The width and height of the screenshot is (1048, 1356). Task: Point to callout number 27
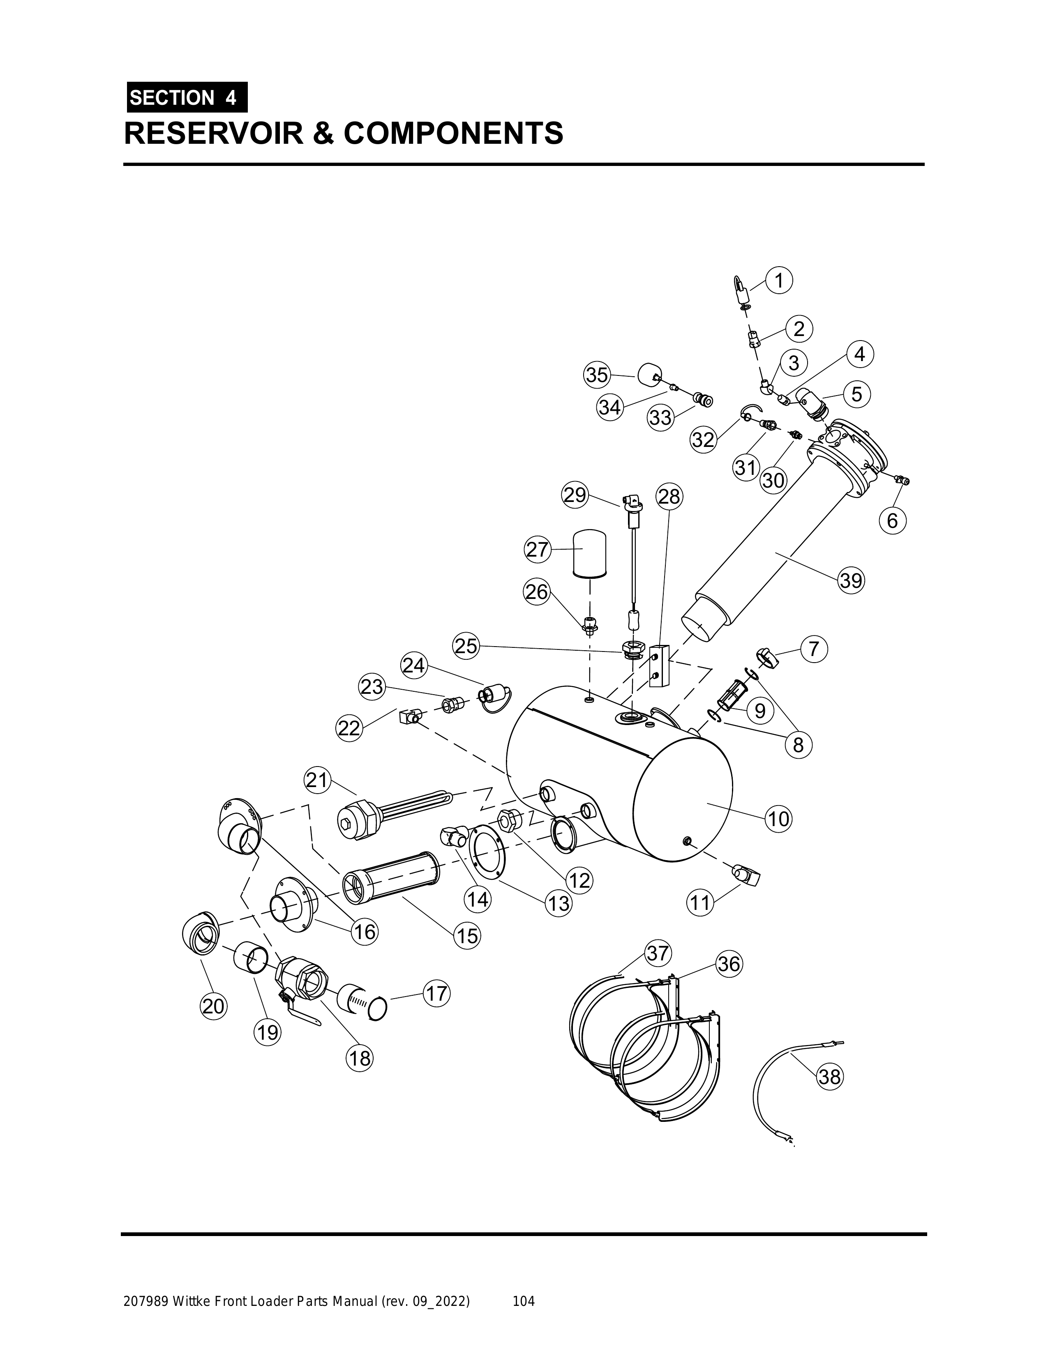[538, 550]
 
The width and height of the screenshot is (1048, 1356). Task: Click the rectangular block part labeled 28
[658, 665]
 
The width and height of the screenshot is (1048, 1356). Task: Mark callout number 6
[892, 520]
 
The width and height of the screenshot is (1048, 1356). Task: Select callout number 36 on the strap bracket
[729, 964]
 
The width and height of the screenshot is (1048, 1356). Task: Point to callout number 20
[213, 1006]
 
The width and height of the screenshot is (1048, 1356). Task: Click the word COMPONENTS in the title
[453, 134]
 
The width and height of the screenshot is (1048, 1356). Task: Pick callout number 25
[466, 646]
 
